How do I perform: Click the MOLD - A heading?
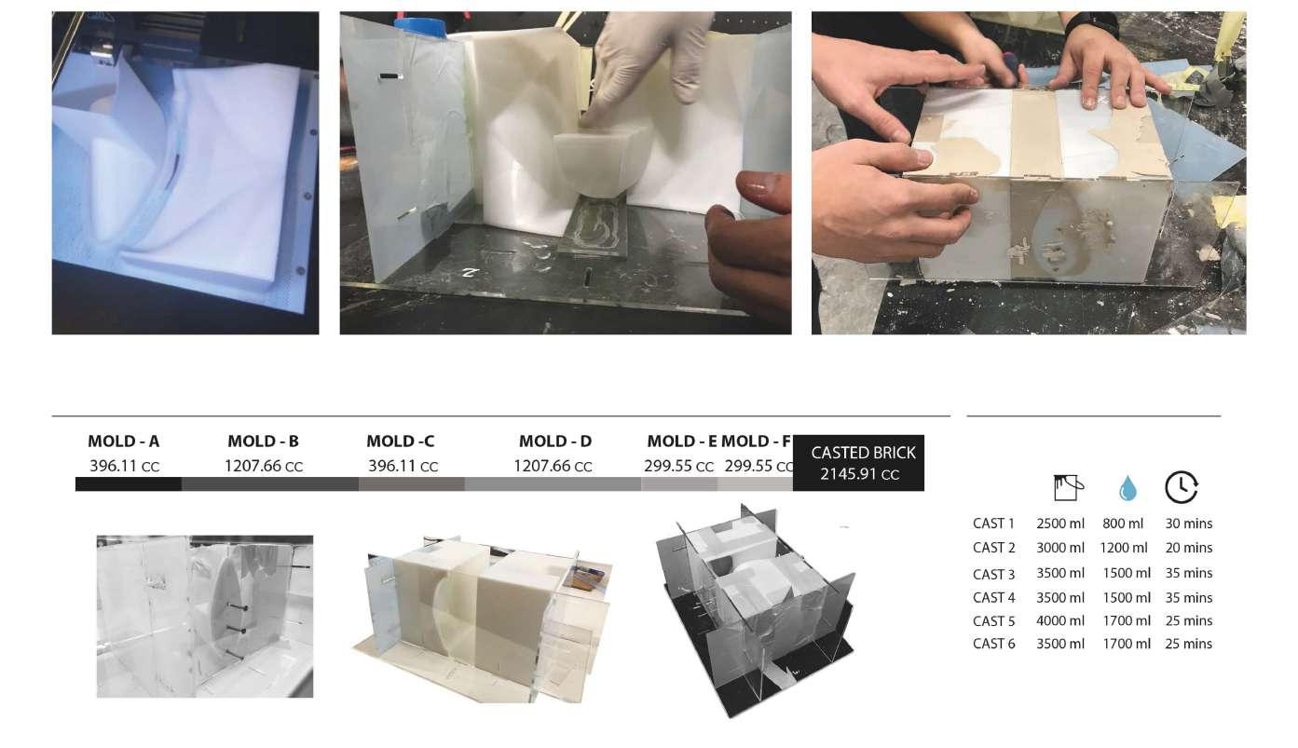point(123,442)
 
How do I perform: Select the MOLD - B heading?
point(263,442)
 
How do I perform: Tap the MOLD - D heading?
point(555,442)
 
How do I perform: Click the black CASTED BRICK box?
point(858,463)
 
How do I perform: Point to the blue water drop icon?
point(1127,488)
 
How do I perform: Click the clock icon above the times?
point(1181,487)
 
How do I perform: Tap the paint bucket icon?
point(1068,488)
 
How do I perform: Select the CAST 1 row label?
point(994,524)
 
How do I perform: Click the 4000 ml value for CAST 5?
point(1059,621)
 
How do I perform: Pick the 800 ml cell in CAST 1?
point(1123,524)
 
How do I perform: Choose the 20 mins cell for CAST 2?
point(1188,548)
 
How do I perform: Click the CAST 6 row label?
point(994,644)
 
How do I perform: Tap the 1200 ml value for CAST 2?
point(1124,548)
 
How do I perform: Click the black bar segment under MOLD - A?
point(129,484)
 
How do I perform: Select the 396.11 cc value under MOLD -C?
point(403,466)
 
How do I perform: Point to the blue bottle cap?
point(419,27)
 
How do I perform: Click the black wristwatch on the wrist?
point(1091,24)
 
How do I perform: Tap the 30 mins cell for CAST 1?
point(1188,524)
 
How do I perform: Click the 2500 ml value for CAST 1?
point(1059,524)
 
